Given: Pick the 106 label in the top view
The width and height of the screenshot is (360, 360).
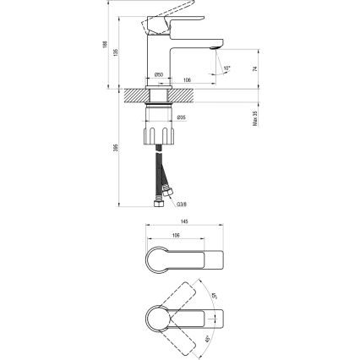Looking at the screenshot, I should [x=174, y=236].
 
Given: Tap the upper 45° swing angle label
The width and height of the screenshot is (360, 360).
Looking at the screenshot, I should [x=215, y=294].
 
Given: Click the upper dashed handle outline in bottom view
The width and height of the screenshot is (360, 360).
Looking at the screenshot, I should [x=188, y=296].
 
